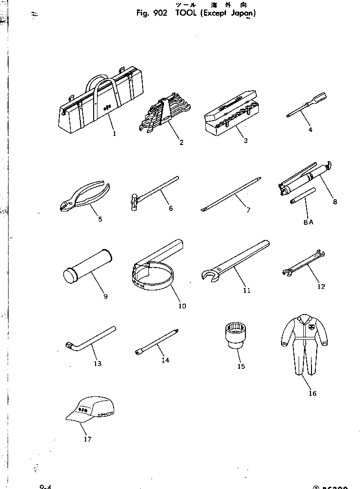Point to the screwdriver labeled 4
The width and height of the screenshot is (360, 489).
307,105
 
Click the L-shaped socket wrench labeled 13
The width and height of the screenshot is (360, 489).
90,338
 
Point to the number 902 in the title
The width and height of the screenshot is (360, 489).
160,13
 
